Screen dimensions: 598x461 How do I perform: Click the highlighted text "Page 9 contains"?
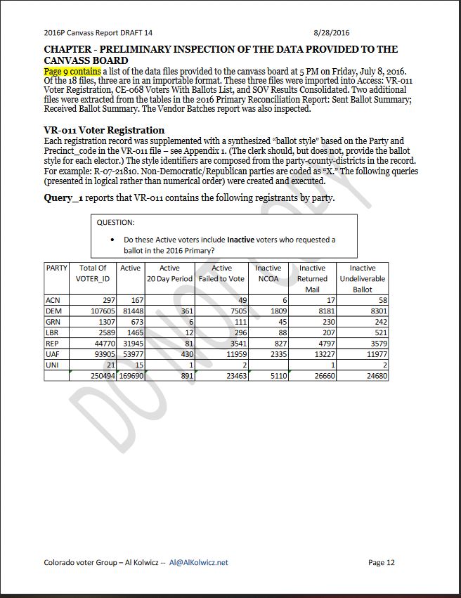click(72, 72)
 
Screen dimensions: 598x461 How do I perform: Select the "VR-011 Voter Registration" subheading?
click(104, 130)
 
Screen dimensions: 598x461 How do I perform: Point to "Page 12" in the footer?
click(382, 562)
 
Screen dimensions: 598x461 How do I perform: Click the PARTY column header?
click(57, 268)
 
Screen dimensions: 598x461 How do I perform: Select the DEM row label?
click(53, 311)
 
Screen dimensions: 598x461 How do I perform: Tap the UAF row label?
click(53, 354)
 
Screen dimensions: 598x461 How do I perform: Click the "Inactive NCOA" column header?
click(268, 273)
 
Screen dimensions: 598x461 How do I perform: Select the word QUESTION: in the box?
click(115, 223)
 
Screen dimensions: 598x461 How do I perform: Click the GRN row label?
click(53, 322)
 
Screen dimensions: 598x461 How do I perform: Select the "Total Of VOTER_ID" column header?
click(93, 273)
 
